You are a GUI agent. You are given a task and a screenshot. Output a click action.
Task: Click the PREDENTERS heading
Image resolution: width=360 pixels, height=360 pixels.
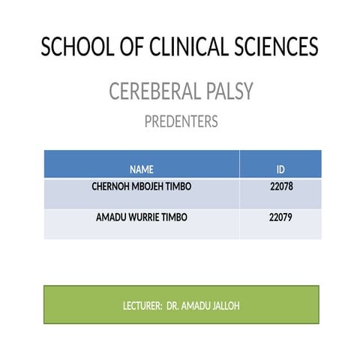tap(181, 121)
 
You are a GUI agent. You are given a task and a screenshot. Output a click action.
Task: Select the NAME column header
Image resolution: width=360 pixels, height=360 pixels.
tap(141, 169)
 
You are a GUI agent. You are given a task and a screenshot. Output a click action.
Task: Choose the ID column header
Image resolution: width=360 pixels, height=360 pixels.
tap(280, 169)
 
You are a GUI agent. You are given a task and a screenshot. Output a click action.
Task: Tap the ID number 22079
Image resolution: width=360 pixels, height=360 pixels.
tap(280, 217)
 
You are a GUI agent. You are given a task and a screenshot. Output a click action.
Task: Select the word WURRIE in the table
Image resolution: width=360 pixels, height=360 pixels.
tap(146, 217)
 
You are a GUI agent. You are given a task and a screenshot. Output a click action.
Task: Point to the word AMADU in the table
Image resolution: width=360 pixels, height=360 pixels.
tap(112, 217)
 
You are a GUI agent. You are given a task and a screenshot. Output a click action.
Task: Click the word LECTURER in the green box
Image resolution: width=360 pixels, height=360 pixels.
tap(142, 307)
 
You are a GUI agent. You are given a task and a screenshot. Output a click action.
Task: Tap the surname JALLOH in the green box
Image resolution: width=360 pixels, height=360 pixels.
tap(224, 307)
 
